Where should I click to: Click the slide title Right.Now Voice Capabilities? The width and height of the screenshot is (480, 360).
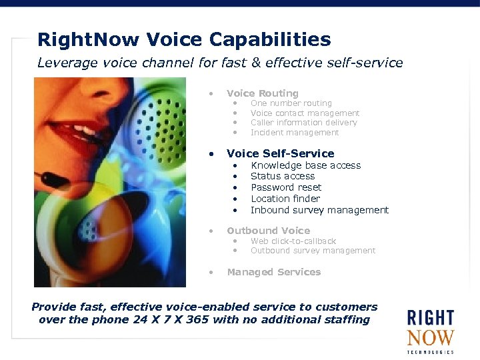coord(184,39)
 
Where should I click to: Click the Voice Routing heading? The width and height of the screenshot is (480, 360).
coord(263,93)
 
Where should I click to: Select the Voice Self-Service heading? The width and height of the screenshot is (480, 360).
coord(280,153)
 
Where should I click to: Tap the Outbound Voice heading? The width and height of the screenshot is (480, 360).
coord(268,231)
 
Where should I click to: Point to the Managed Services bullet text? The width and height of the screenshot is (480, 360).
coord(273,272)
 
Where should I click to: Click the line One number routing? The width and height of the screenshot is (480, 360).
coord(291,103)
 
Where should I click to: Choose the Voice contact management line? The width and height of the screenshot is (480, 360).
coord(305,113)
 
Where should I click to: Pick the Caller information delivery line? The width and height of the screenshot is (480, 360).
coord(303,123)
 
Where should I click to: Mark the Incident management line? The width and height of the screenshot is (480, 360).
coord(295,133)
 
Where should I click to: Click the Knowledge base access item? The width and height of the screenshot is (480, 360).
coord(305,165)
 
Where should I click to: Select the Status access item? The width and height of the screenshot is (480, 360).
coord(283,176)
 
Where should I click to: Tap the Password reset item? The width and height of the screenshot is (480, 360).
coord(286,187)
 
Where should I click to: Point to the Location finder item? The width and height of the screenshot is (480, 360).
coord(285,199)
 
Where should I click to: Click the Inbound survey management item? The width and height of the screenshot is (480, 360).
coord(319,210)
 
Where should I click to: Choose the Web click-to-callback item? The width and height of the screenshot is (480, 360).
coord(293,241)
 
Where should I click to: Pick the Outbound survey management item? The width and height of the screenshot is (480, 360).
coord(313,251)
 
